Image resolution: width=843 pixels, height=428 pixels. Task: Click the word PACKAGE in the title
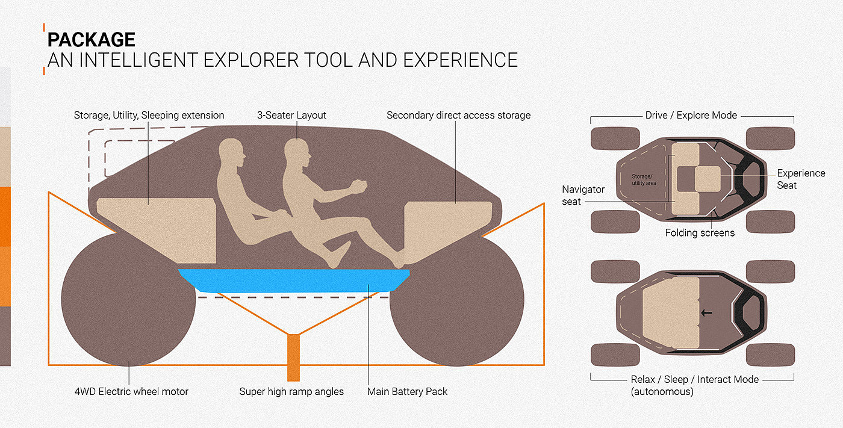[x=92, y=40]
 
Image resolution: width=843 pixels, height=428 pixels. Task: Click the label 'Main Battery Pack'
[x=408, y=391]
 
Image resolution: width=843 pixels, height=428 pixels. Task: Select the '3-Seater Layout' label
[x=291, y=115]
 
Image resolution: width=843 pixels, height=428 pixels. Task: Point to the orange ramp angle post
[x=293, y=357]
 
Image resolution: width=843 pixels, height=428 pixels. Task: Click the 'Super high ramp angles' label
[x=291, y=391]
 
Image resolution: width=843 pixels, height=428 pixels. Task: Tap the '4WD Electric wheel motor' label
[x=131, y=391]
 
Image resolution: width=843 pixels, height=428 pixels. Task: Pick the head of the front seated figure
[x=297, y=152]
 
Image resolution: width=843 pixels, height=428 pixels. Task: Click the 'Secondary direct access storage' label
[x=458, y=115]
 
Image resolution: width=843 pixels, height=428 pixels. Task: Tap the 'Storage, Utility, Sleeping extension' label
[x=149, y=115]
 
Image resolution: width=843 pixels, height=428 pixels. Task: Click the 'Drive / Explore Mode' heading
[x=691, y=115]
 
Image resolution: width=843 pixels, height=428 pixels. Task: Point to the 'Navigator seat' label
[x=583, y=195]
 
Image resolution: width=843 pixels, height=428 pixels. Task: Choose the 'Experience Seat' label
[x=801, y=179]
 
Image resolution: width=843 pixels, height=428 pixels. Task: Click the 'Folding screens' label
[x=700, y=232]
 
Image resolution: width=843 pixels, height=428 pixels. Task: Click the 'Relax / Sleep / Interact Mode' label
[x=695, y=379]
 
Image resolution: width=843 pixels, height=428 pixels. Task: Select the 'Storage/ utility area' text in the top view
[x=644, y=179]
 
